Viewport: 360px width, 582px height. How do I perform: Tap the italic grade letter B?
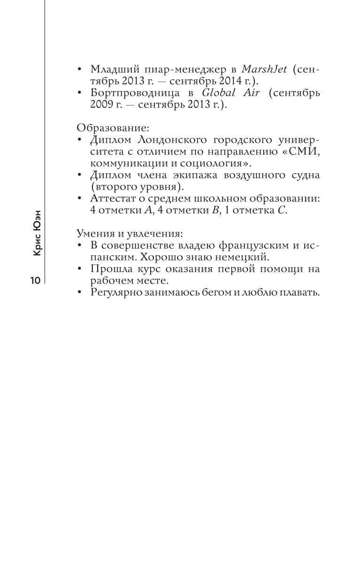pos(215,210)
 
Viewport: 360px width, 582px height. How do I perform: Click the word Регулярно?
pos(116,292)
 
